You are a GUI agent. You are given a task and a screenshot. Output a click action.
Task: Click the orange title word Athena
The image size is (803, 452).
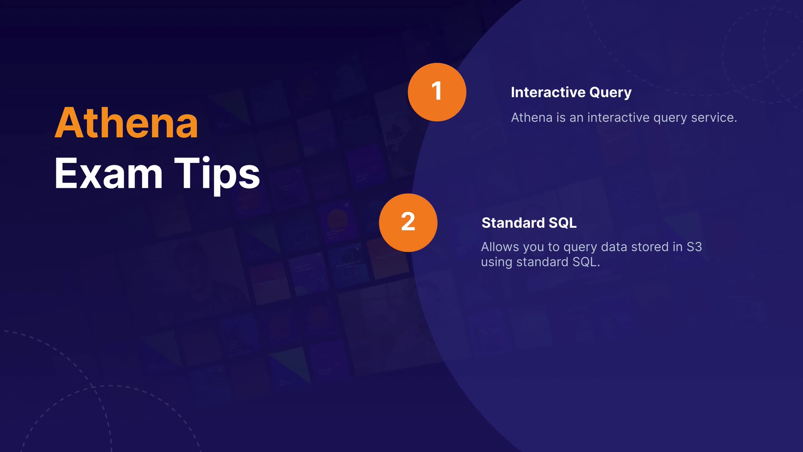pos(126,123)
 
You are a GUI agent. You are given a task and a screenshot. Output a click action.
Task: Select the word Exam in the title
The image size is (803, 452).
pos(108,173)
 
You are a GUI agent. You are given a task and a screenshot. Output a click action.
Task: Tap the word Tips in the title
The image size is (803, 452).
pos(217,175)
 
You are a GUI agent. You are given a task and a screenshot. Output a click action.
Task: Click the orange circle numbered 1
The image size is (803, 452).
pos(437,92)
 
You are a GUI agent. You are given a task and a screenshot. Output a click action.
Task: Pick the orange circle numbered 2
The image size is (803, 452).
pos(408,223)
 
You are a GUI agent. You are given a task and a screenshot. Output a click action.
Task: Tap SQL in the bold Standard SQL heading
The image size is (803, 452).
pos(563,223)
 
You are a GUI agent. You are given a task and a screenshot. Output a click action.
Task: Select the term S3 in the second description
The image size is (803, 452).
pos(694,247)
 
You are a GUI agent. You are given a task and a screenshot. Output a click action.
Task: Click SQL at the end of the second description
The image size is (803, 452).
pos(586,262)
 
